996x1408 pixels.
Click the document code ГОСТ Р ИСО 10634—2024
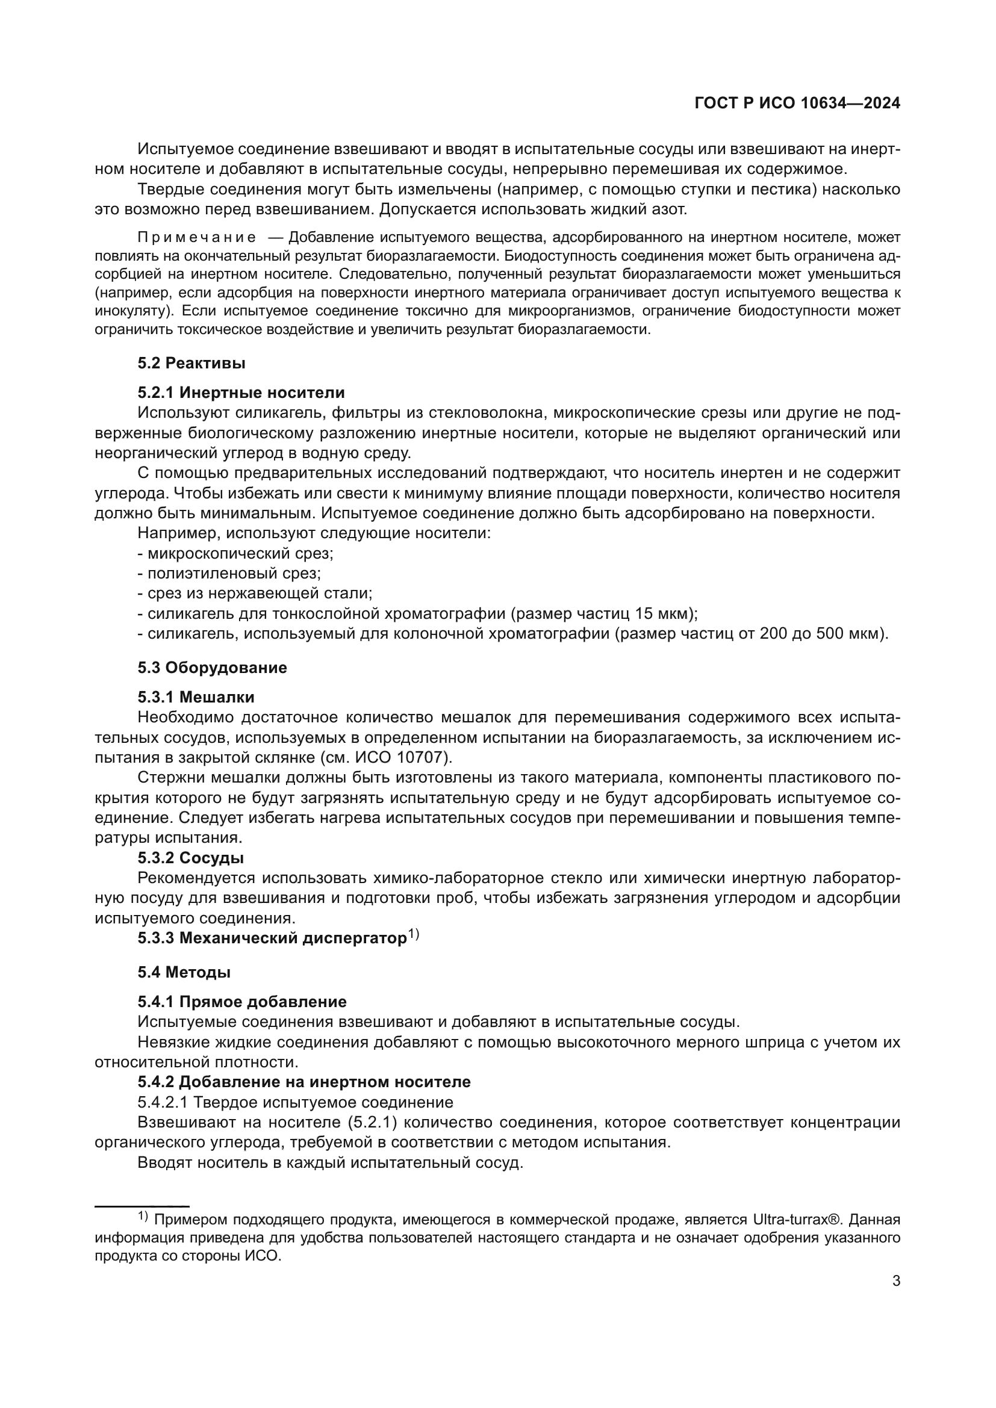797,103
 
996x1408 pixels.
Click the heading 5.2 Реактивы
191,363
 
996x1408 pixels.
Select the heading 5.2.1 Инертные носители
241,392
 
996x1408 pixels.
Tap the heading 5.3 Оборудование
212,667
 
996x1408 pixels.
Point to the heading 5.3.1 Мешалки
196,696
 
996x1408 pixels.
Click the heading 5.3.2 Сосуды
191,858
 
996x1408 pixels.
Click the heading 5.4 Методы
184,972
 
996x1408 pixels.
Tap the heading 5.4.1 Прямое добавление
241,1002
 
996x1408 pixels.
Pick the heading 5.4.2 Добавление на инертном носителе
303,1082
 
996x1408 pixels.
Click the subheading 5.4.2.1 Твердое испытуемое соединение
295,1102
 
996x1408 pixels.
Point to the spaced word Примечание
197,237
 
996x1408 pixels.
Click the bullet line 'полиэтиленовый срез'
229,574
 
